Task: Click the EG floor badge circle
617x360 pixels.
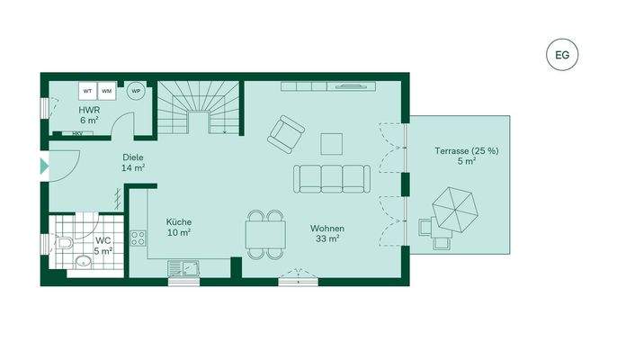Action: tap(562, 55)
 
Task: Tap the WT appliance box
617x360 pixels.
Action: tap(88, 92)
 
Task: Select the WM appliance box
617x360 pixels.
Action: tap(106, 92)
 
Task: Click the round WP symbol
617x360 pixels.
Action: tap(136, 91)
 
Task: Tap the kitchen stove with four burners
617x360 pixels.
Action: tap(139, 238)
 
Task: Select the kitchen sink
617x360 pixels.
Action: tap(192, 265)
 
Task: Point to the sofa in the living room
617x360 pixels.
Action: tap(331, 178)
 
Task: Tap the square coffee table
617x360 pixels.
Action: tap(332, 143)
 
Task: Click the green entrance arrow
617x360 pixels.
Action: tap(44, 166)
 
